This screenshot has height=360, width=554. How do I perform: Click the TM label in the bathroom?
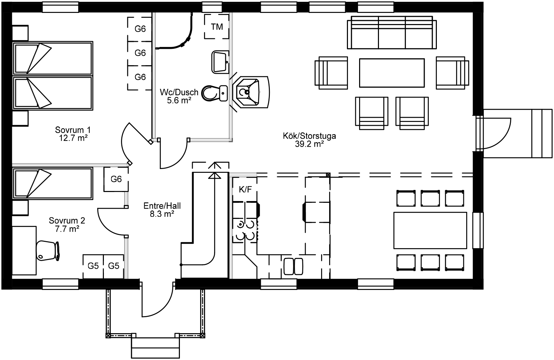pos(217,27)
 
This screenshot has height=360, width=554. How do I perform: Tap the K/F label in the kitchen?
pos(245,189)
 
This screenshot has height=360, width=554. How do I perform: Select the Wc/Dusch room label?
pos(179,92)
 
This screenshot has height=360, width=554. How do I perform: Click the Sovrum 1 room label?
pos(73,130)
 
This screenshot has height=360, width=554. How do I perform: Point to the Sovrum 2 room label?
pos(67,221)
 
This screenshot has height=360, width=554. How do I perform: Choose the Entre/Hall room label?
pos(162,206)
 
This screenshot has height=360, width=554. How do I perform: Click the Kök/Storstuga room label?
pos(309,136)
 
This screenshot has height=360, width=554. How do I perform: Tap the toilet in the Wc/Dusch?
pos(214,93)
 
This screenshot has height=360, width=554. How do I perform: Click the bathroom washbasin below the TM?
pos(220,62)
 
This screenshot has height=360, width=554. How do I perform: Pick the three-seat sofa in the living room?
pos(392,32)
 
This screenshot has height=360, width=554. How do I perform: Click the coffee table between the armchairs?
pos(392,73)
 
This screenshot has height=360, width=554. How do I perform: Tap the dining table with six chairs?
pos(430,230)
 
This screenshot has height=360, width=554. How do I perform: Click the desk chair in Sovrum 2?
pos(48,251)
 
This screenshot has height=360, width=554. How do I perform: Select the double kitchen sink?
pos(293,267)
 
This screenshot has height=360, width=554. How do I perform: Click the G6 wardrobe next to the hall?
pos(116,179)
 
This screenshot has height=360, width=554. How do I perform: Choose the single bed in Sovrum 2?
pos(53,183)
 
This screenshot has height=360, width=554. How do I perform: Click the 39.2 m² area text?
pos(309,144)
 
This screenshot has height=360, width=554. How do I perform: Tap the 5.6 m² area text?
pos(179,100)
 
